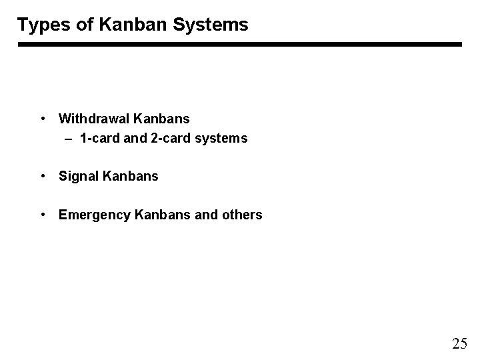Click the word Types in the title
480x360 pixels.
41,25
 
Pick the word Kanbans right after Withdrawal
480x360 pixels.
161,119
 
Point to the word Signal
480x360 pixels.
79,177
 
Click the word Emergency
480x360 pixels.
95,215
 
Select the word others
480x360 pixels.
241,215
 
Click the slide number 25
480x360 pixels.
459,344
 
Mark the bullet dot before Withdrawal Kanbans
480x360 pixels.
43,119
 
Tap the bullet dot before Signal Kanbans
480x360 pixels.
43,177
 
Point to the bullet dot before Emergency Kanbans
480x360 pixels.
43,215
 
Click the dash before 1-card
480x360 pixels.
69,139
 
